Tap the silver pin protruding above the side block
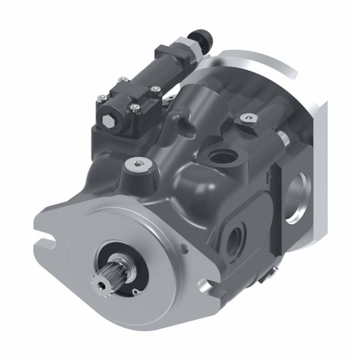click(283, 138)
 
